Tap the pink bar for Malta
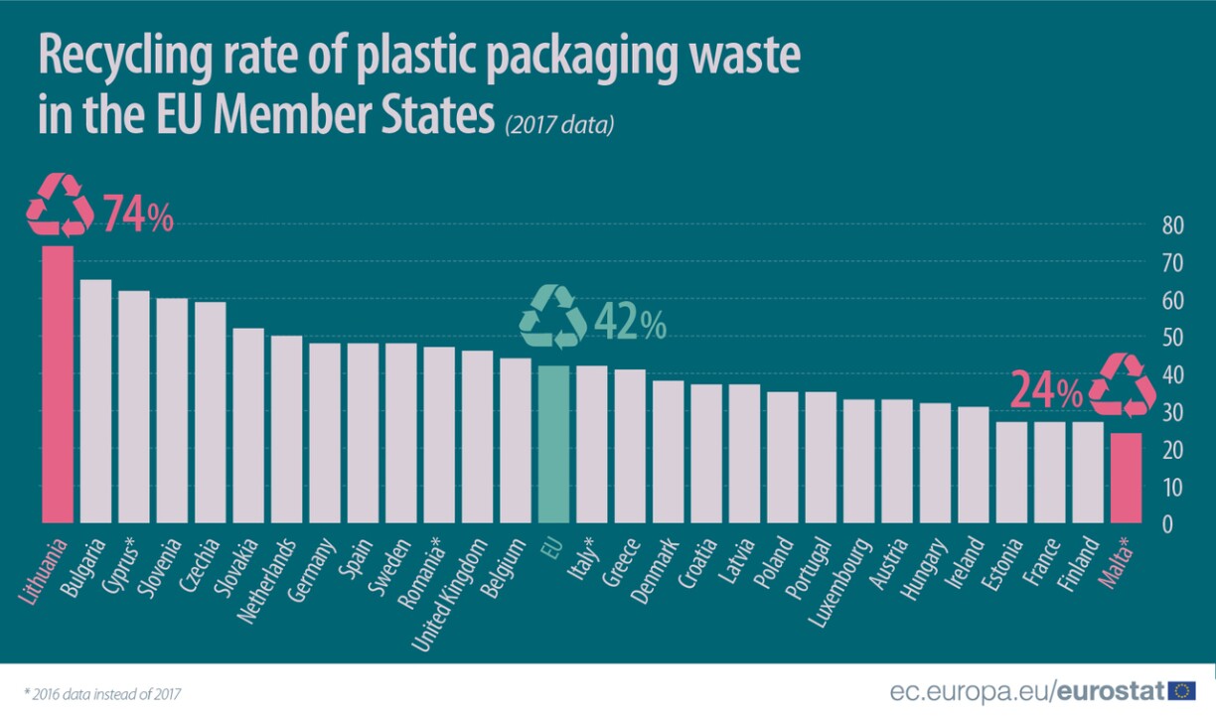pos(1126,477)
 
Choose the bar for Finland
pos(1088,472)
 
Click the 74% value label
pos(137,215)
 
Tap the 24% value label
pos(1046,391)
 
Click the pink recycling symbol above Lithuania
pos(59,206)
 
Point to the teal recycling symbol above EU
pos(553,317)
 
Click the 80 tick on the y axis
pos(1172,225)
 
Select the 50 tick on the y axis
pos(1172,338)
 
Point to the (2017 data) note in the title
pos(559,125)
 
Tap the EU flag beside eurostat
pos(1182,691)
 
